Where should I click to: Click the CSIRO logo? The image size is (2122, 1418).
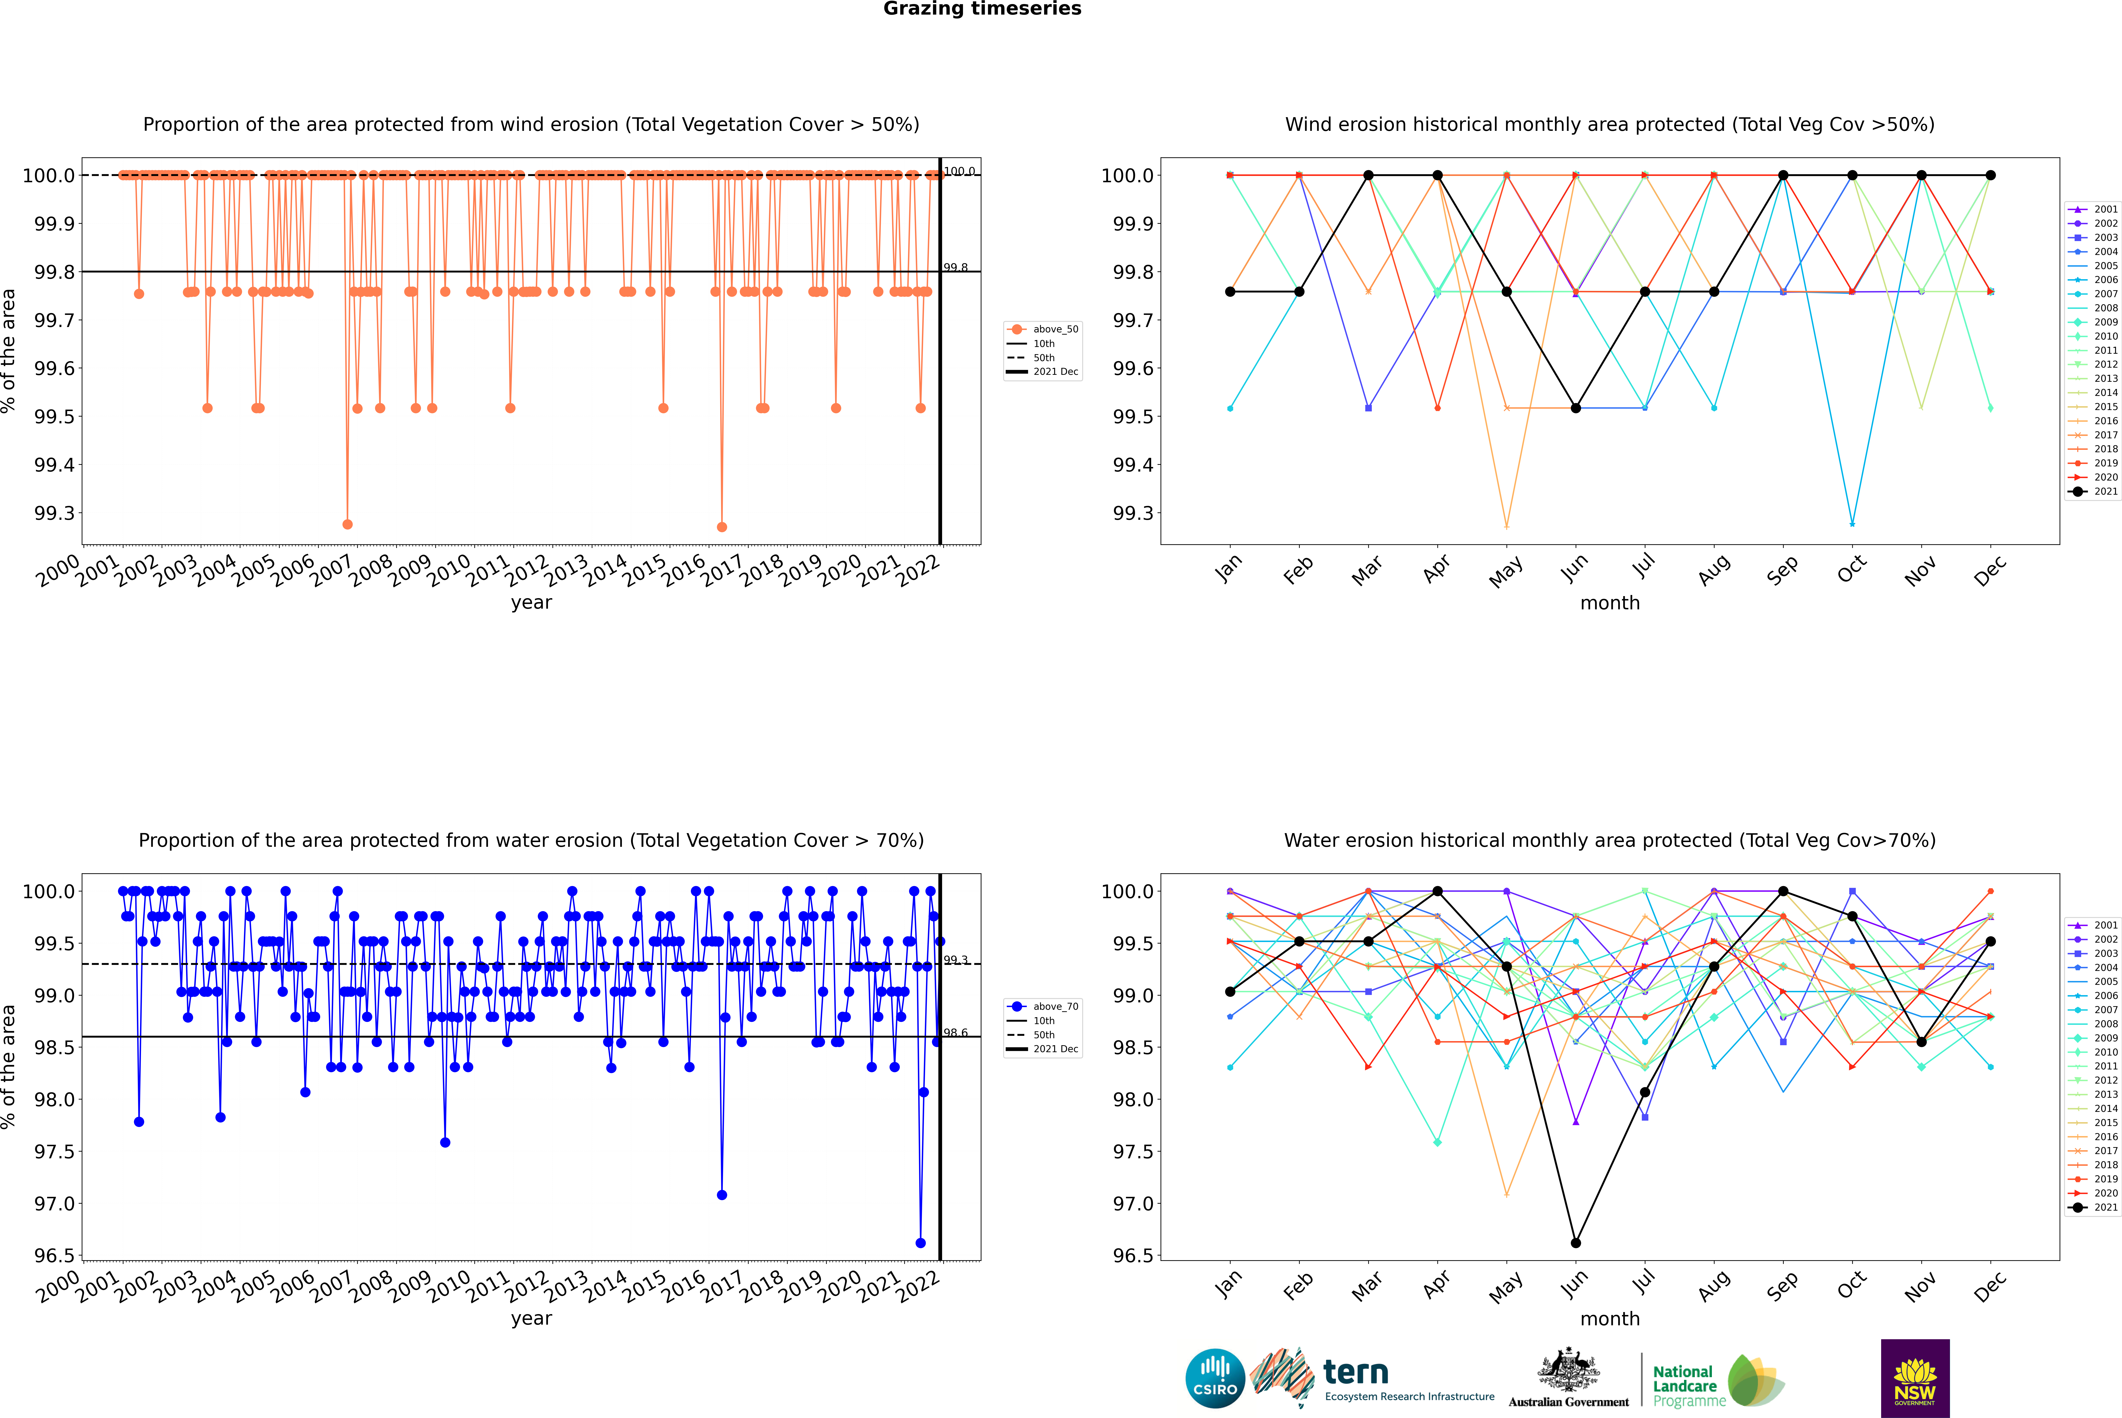tap(1215, 1378)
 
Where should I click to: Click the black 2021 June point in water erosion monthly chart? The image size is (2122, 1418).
tap(1576, 1242)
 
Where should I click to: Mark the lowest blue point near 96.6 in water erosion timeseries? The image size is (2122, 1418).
tap(921, 1242)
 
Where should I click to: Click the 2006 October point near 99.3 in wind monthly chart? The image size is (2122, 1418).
tap(1852, 524)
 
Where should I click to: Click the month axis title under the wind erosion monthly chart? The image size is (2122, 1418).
tap(1609, 603)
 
